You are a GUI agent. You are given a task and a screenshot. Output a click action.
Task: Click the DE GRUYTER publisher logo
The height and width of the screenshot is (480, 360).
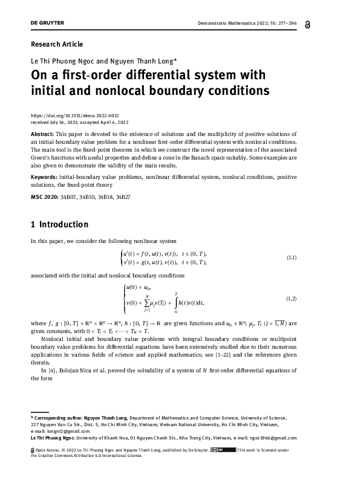tap(47, 23)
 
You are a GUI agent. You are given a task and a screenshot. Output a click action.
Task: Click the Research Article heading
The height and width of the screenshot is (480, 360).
tap(56, 44)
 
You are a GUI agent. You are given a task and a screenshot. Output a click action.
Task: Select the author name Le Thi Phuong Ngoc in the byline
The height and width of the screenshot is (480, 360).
tap(59, 61)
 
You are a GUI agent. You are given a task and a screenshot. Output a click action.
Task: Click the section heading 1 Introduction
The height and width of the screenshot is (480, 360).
tap(59, 225)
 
